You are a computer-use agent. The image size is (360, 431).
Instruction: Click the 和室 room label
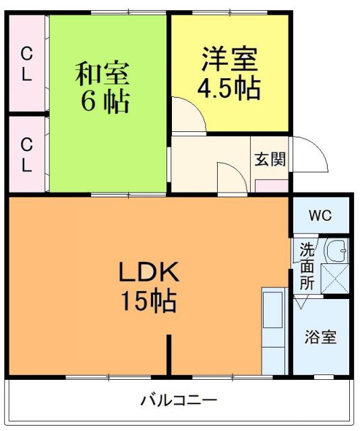coord(101,73)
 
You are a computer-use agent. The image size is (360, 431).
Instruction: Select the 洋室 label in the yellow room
coord(229,59)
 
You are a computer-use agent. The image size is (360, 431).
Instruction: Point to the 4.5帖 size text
coord(229,88)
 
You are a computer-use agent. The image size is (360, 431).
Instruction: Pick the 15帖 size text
coord(149,300)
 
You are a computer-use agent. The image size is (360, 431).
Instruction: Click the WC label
coord(320,216)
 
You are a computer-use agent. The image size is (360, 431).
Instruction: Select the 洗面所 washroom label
coord(307,266)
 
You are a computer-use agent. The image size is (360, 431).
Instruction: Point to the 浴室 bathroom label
coord(321,337)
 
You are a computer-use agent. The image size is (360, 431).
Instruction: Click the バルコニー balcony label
coord(179,400)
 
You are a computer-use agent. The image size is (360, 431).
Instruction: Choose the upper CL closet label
coord(26,63)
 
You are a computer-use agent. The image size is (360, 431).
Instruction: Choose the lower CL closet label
coord(26,154)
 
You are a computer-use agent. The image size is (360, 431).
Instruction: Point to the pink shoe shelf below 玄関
coord(272,187)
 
